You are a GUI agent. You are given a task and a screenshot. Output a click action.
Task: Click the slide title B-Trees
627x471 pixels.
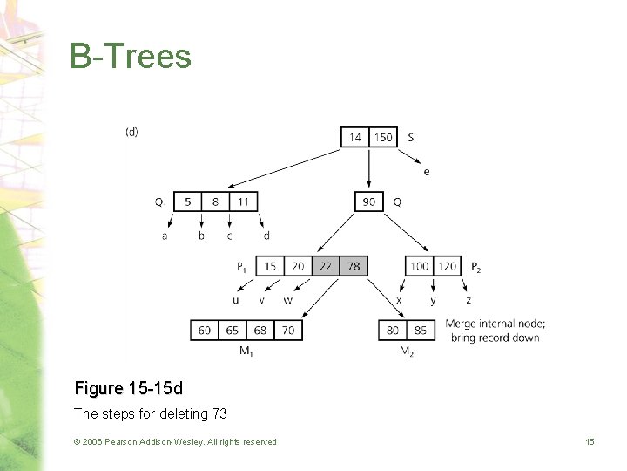pos(131,57)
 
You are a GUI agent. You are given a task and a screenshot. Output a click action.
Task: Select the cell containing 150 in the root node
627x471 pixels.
pos(383,137)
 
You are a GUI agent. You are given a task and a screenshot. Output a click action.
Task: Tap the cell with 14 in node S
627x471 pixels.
pos(355,137)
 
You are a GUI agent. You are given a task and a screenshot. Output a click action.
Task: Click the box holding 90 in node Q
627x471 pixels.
pos(369,201)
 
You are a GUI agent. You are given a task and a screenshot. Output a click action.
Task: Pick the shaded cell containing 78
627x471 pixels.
pos(354,266)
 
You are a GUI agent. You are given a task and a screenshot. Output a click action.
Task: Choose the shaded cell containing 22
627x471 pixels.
pos(326,266)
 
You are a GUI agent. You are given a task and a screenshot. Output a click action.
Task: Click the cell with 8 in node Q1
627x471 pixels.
pos(215,201)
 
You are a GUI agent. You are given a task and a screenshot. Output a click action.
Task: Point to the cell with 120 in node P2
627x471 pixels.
pos(447,266)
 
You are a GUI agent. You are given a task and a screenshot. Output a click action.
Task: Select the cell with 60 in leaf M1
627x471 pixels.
pos(205,331)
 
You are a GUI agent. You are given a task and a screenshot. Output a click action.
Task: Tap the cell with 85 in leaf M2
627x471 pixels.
pos(420,331)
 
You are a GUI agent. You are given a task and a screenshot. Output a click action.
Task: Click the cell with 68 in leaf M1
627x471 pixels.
pos(260,331)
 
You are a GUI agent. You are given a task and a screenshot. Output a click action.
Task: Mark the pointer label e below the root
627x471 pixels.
pos(426,172)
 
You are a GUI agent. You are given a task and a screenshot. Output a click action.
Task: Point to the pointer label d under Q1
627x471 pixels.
pos(266,235)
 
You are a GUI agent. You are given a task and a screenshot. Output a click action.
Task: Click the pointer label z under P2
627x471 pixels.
pos(469,300)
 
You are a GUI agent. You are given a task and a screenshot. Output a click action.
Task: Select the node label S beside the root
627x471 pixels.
pos(410,137)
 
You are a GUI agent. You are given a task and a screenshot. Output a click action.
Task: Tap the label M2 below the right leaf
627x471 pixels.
pos(406,352)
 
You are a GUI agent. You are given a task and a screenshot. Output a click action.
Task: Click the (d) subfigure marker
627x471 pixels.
pos(131,132)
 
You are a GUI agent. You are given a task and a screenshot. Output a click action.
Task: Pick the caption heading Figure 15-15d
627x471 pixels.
pos(129,388)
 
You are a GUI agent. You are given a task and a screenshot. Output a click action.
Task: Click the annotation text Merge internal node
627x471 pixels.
pos(495,324)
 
